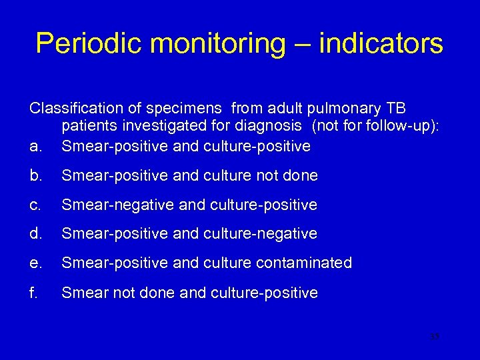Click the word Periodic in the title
coord(88,44)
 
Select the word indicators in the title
coord(381,44)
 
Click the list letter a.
coord(34,146)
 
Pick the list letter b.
coord(34,175)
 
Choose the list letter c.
coord(34,205)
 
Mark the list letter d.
coord(34,234)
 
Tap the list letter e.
coord(34,263)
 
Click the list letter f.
coord(33,293)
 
